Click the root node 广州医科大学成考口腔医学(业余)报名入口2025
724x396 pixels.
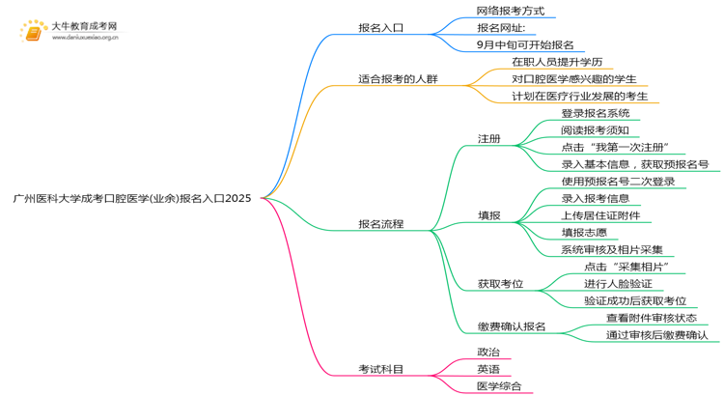tap(132, 198)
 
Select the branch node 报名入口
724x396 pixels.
tap(380, 28)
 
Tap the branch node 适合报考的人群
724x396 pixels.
tap(397, 78)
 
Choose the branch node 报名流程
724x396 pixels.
tap(380, 224)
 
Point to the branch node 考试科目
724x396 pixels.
tap(380, 369)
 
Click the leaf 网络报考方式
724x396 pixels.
tap(510, 11)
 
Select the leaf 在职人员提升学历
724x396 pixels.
tap(563, 62)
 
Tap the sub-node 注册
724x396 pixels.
tap(488, 138)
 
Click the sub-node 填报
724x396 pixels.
tap(488, 215)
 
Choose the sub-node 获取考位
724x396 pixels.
tap(500, 284)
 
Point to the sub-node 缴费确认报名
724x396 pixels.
tap(512, 326)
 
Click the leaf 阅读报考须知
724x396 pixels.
tap(595, 130)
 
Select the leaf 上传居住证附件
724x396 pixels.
tap(600, 215)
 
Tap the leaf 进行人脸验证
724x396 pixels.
tap(618, 284)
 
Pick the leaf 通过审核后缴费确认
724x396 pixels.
tap(656, 335)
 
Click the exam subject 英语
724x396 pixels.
tap(488, 369)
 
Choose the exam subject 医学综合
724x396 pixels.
tap(499, 386)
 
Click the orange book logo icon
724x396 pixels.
tap(33, 33)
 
